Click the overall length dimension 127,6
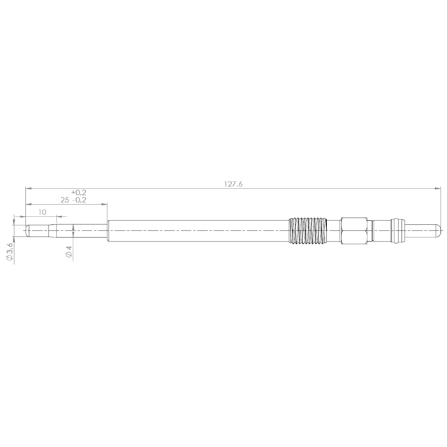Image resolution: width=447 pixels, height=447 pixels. pyautogui.click(x=233, y=184)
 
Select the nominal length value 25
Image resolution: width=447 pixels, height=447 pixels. pyautogui.click(x=65, y=200)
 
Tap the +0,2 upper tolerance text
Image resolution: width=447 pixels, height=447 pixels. pyautogui.click(x=79, y=193)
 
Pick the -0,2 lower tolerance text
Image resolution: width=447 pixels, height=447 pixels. pyautogui.click(x=79, y=200)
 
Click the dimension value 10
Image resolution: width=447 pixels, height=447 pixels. pyautogui.click(x=42, y=212)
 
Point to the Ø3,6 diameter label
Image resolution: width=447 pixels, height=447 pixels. pyautogui.click(x=9, y=251)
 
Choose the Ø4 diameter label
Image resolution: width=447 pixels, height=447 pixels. pyautogui.click(x=68, y=251)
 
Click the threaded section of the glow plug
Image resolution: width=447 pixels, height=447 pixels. pyautogui.click(x=307, y=231)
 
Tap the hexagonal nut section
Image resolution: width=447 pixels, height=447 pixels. pyautogui.click(x=354, y=231)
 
